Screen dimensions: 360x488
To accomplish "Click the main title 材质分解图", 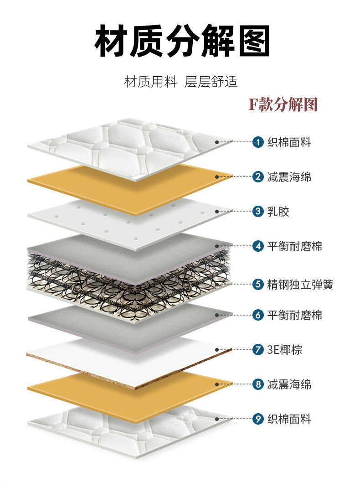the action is click(182, 42).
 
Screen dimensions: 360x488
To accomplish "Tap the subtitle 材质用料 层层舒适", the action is click(181, 83).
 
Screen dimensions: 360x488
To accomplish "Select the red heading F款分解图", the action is click(283, 104).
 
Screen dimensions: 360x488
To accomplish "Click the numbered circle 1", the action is click(258, 142).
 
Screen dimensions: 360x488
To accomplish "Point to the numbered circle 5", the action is click(258, 285).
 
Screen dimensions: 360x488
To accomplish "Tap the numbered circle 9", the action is click(258, 419).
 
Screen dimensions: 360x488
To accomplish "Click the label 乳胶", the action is click(278, 212).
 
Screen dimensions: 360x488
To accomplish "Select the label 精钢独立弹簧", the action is click(300, 285).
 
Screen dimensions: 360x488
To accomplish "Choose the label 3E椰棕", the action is click(285, 350).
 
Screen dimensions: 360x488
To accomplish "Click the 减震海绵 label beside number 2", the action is click(289, 177).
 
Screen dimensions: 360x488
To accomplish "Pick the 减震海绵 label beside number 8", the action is click(289, 384).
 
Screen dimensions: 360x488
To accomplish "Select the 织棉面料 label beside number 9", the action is click(289, 419).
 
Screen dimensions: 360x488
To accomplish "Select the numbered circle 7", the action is click(258, 350).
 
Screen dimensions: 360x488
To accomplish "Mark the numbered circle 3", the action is click(258, 212).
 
